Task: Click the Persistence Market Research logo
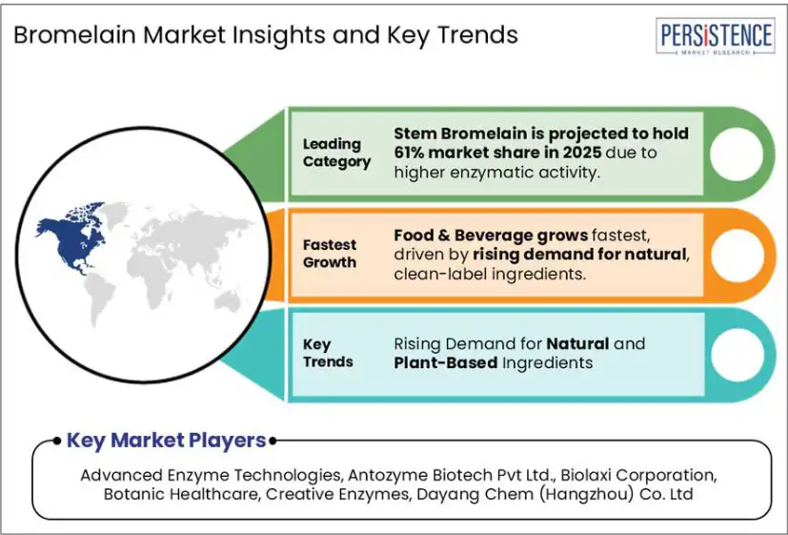[716, 35]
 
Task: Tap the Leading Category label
[336, 153]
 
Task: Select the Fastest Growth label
[330, 254]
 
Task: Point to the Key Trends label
[328, 353]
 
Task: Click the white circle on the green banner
[737, 154]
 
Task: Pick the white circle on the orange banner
[737, 255]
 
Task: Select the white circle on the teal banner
[737, 355]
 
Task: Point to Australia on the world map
[228, 301]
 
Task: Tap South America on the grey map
[99, 298]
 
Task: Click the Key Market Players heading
[167, 440]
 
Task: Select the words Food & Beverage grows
[491, 235]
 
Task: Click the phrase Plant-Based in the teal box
[446, 362]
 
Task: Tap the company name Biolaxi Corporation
[638, 475]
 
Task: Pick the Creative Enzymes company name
[337, 494]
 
